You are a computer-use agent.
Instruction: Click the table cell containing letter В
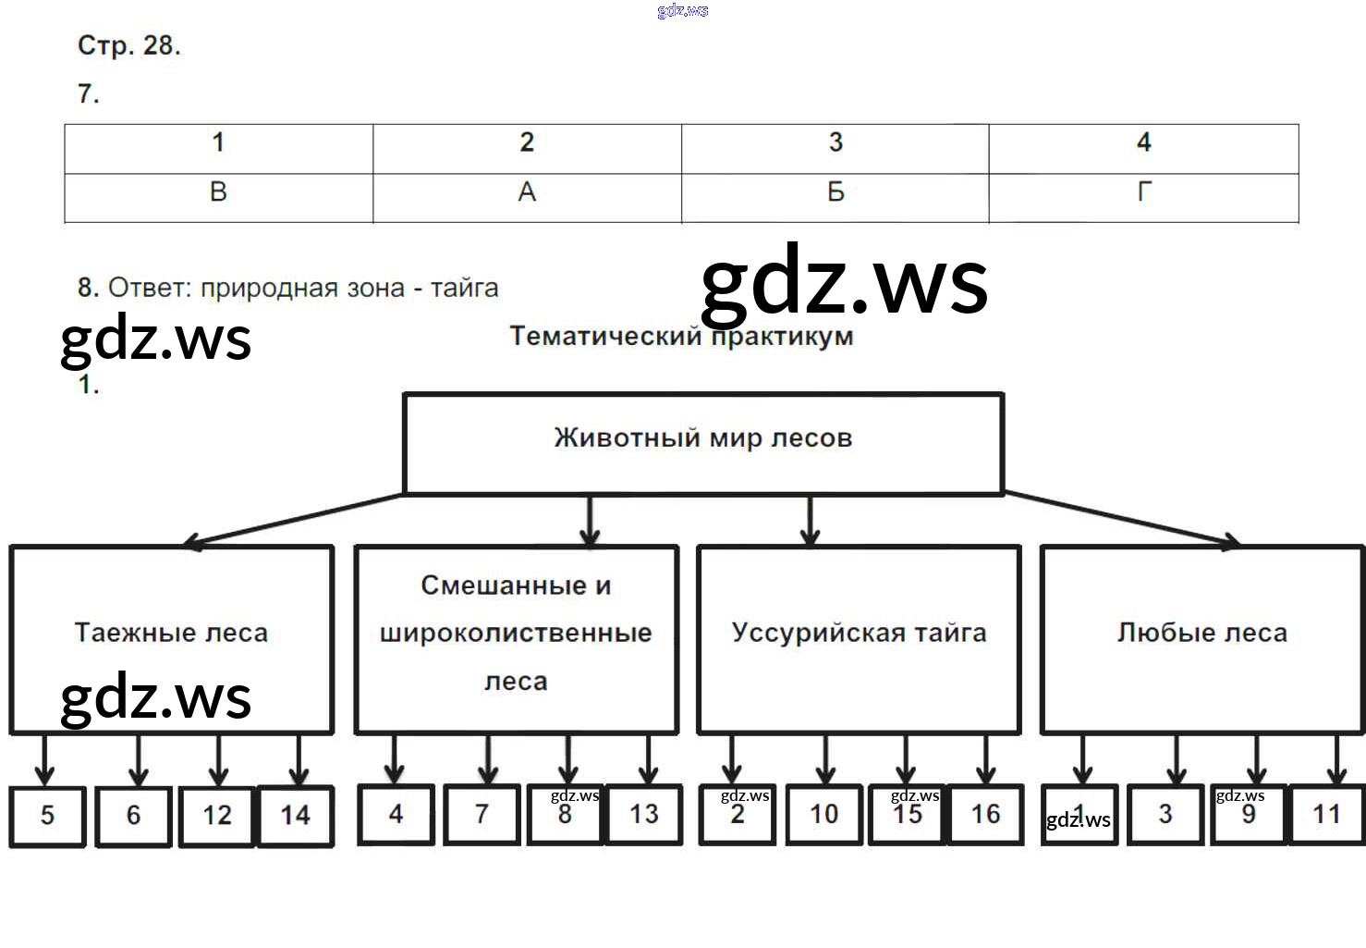pos(218,192)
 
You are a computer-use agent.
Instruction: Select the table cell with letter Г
pos(1143,192)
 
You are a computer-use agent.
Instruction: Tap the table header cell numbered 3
pos(835,143)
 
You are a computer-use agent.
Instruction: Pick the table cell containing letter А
pos(527,192)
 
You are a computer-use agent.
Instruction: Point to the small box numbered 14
pos(296,816)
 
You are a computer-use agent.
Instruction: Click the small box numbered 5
pos(47,816)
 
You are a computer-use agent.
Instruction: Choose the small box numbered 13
pos(643,815)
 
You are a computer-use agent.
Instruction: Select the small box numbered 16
pos(985,815)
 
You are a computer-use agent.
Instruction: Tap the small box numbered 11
pos(1326,815)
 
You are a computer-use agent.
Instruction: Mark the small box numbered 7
pos(481,815)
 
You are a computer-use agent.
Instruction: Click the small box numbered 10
pos(823,815)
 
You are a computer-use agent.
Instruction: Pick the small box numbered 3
pos(1165,815)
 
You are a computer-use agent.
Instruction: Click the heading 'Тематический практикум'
pos(681,336)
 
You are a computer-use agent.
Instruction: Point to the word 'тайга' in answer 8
pos(465,289)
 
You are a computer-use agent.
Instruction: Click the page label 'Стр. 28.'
pos(128,45)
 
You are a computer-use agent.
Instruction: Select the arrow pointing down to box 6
pos(138,760)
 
